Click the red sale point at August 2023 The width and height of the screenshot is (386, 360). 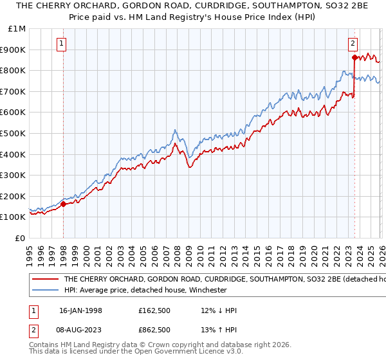click(x=354, y=57)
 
